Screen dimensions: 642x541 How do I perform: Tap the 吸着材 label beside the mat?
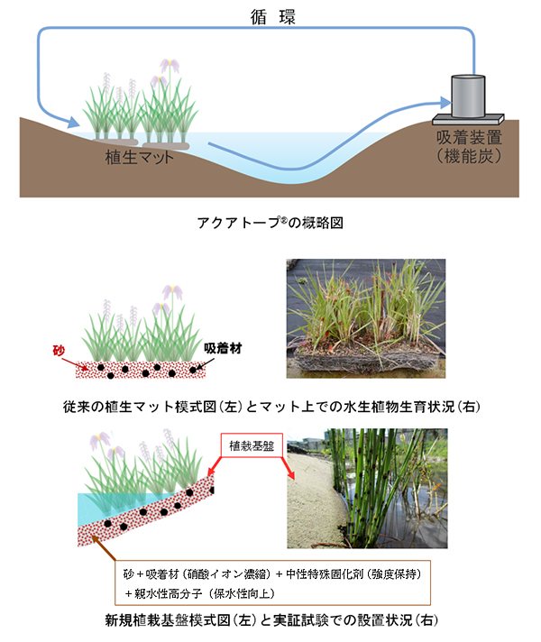point(221,346)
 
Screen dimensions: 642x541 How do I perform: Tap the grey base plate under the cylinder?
point(468,116)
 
